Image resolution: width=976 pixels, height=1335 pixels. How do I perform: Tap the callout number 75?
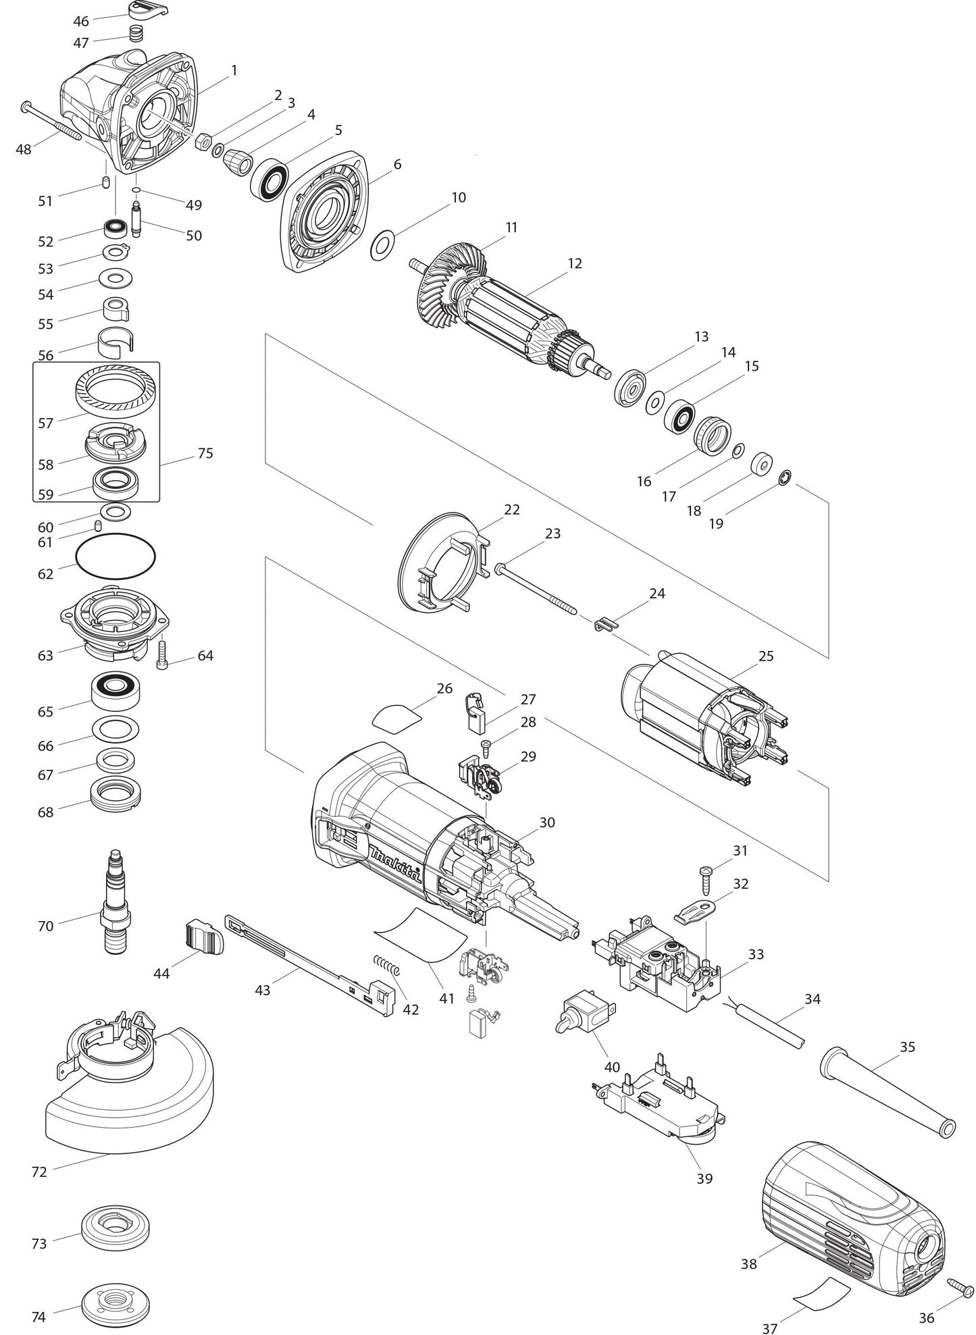click(205, 453)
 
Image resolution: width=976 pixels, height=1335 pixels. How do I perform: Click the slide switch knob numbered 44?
click(203, 937)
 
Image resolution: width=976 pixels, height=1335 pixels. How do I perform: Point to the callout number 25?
click(766, 656)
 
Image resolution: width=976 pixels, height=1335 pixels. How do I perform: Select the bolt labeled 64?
click(161, 652)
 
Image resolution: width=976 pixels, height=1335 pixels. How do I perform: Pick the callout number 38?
click(748, 1263)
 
